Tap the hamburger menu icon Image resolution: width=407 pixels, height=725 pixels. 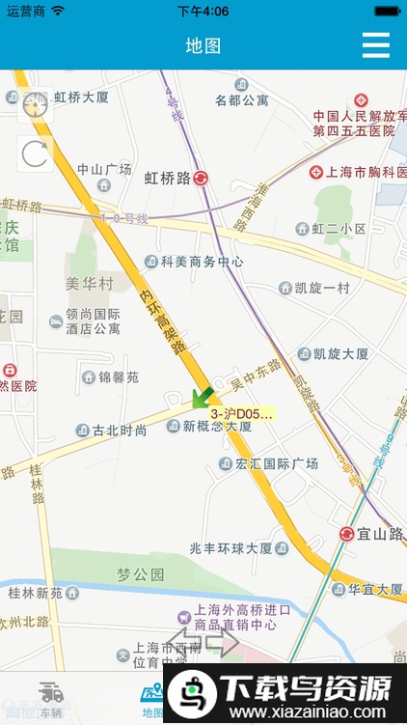[375, 45]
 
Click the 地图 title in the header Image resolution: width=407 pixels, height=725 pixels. [203, 45]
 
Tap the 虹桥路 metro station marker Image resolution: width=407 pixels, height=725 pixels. [201, 178]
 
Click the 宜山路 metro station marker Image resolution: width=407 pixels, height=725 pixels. [347, 534]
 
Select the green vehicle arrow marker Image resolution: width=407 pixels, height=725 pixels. [202, 396]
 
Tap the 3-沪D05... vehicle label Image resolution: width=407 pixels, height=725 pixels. [241, 414]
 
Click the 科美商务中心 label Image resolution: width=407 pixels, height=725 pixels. [201, 262]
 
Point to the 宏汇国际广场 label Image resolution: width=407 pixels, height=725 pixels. [275, 464]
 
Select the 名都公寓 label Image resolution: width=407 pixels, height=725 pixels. [241, 99]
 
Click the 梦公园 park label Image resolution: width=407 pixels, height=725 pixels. [141, 574]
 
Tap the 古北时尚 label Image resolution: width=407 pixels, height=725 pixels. [120, 431]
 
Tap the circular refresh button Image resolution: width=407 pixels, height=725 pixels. [35, 153]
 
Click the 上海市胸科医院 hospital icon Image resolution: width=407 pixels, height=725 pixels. [315, 172]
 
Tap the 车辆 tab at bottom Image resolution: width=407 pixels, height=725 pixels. [51, 699]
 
